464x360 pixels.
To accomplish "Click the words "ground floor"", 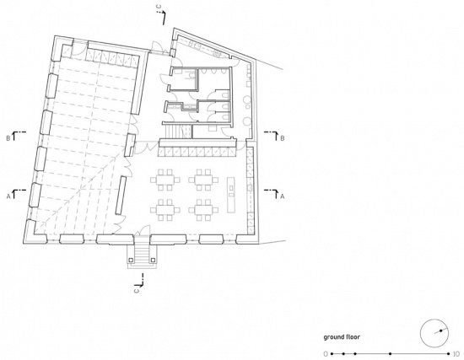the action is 342,337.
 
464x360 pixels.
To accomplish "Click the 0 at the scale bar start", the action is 326,354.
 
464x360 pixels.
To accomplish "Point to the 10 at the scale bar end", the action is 456,354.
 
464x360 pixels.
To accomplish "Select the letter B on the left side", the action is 8,138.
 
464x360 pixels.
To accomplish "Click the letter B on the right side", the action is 283,138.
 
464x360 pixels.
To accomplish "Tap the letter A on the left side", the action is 8,196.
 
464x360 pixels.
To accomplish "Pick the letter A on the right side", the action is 283,196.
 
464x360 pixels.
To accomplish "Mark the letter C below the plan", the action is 137,290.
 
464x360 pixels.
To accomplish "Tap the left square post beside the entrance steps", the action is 131,260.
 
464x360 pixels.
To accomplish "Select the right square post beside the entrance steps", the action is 153,260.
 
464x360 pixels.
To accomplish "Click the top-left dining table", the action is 165,180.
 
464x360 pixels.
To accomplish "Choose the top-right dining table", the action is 203,180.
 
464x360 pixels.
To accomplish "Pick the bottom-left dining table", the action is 165,210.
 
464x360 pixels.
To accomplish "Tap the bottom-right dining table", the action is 203,210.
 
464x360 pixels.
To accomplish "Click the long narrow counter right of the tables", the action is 231,195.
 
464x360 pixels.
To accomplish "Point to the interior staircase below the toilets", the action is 176,132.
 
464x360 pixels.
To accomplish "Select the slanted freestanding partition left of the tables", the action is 121,195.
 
